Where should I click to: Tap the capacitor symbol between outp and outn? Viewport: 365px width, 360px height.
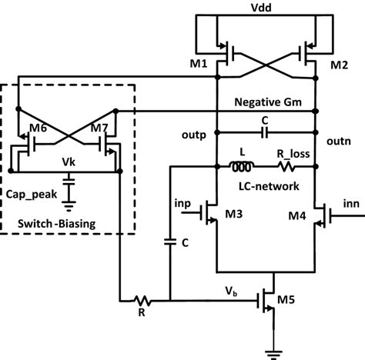[265, 132]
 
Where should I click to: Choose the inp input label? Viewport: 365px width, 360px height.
[182, 203]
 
